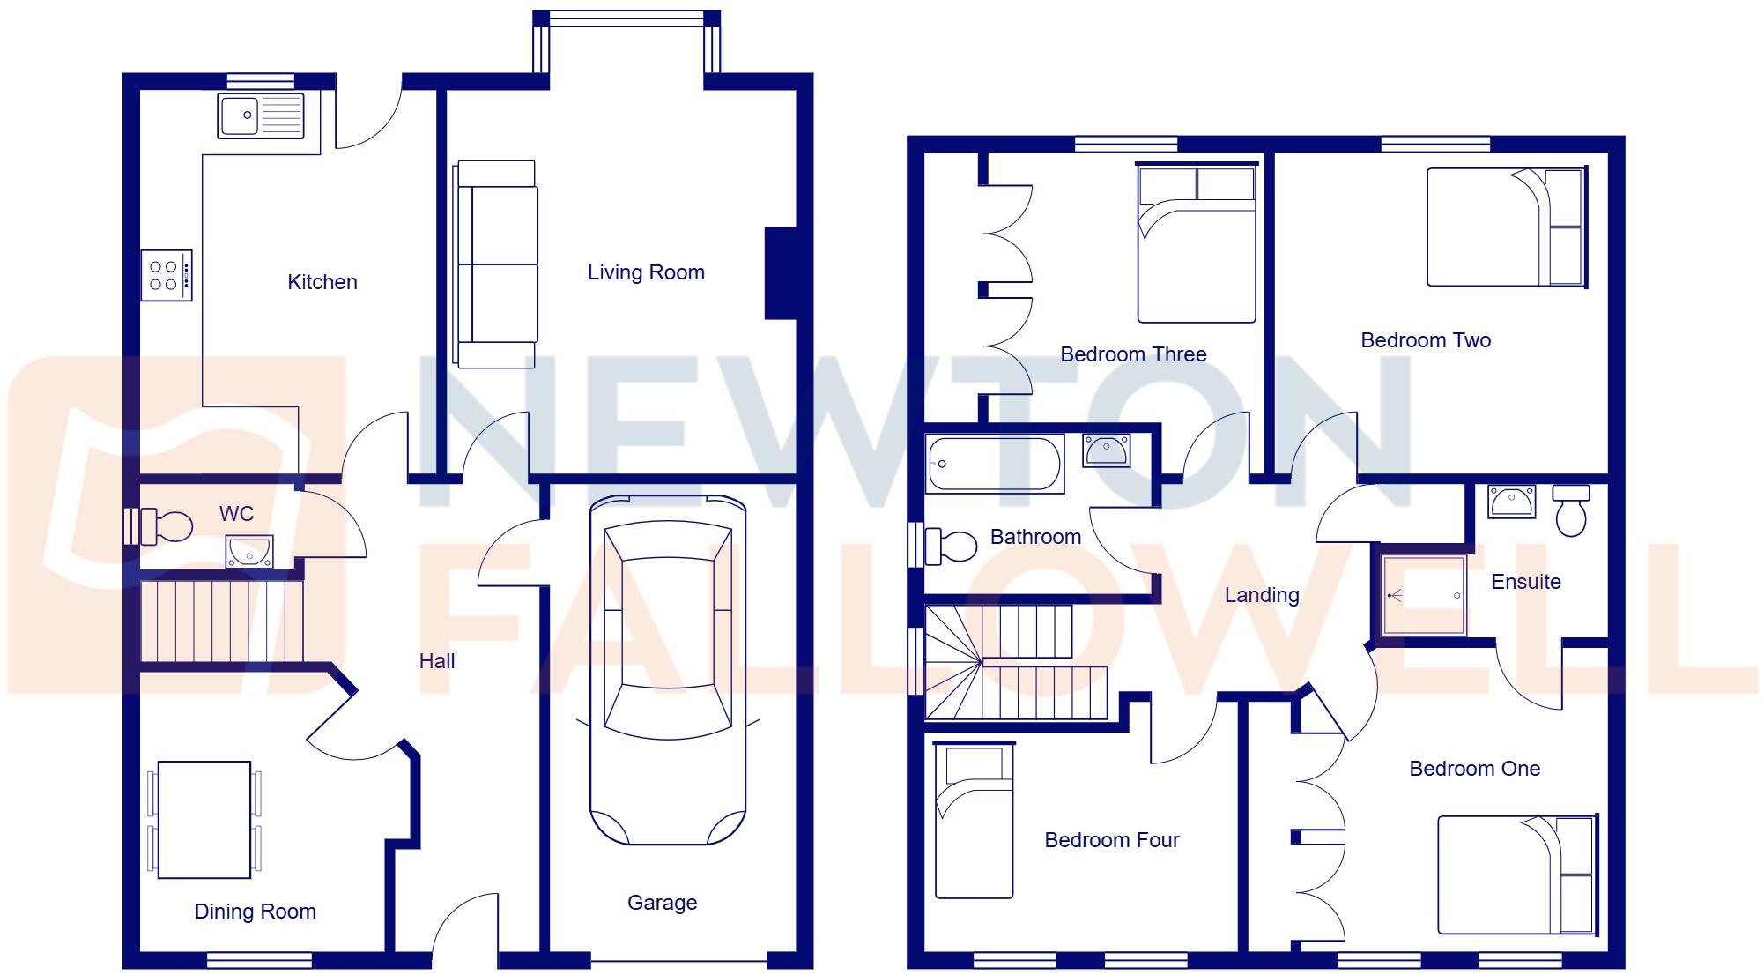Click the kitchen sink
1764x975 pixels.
[261, 115]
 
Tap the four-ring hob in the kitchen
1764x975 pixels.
[166, 275]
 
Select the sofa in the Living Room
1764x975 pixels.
[496, 264]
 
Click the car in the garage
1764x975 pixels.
[668, 670]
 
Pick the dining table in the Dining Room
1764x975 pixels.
[204, 820]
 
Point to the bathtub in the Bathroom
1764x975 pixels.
[994, 465]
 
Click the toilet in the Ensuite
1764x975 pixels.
[1571, 511]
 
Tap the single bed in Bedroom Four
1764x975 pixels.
[973, 821]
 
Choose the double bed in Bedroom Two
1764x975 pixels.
[1505, 227]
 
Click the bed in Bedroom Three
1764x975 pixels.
[1196, 243]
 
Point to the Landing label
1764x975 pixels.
[1262, 595]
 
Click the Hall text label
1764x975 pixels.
[437, 661]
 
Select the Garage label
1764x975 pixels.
[662, 903]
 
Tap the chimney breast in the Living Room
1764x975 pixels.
[781, 272]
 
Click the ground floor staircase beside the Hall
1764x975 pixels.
[222, 620]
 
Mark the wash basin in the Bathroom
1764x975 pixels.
[1106, 450]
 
